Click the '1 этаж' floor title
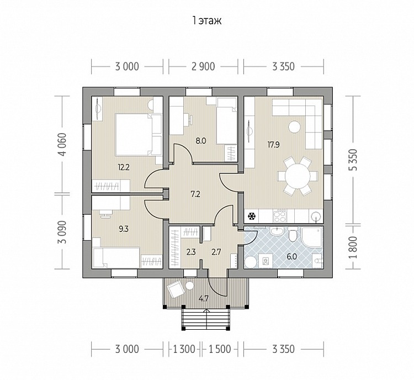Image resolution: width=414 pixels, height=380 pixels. [207, 20]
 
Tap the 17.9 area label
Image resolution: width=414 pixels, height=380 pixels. [273, 145]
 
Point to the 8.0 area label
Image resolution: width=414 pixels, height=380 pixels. [201, 141]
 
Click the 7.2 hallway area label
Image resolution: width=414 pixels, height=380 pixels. [195, 194]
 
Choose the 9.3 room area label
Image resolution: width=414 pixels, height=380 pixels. [123, 229]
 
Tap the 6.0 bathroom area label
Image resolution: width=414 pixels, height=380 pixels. [292, 257]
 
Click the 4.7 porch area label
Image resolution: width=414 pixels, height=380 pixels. [204, 299]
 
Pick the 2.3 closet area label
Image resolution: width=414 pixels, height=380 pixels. [191, 252]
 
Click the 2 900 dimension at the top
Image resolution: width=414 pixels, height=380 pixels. [203, 67]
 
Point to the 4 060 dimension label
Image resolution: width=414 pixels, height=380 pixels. [63, 145]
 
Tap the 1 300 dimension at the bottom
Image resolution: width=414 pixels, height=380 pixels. [184, 349]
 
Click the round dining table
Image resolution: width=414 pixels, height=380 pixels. [298, 176]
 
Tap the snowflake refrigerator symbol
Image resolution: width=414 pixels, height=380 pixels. [252, 217]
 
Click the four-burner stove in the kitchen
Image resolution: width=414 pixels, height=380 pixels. [280, 217]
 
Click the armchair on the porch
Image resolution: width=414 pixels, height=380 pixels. [175, 289]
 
